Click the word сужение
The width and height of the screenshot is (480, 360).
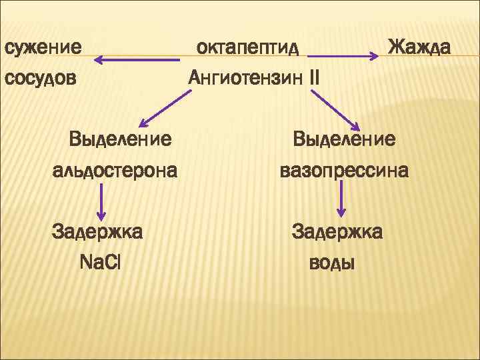click(x=43, y=48)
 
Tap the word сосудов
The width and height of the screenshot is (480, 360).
click(x=41, y=78)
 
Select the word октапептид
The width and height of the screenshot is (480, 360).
click(x=247, y=48)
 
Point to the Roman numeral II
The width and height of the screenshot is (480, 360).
click(x=314, y=78)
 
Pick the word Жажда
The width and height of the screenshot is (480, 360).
click(x=419, y=48)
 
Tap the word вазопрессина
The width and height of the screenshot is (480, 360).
click(x=344, y=171)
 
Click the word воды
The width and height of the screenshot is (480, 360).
click(x=332, y=263)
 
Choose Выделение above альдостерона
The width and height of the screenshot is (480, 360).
click(x=120, y=139)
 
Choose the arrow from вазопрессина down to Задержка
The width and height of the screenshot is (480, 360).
click(x=342, y=199)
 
